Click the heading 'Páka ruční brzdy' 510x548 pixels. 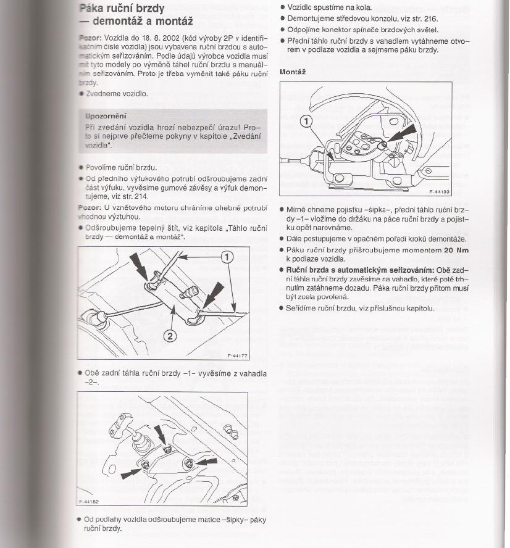coord(122,9)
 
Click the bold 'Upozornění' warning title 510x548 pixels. coord(106,115)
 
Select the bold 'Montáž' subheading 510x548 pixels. coord(293,72)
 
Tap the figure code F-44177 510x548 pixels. coord(237,355)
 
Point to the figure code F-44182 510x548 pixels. coord(90,502)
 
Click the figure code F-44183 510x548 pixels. coord(440,191)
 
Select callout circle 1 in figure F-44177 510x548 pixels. coord(227,258)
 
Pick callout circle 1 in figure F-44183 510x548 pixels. coord(307,121)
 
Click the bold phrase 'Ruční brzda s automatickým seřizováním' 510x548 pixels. coord(360,270)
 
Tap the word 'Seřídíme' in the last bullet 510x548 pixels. coord(302,308)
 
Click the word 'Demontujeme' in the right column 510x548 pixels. coord(311,19)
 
